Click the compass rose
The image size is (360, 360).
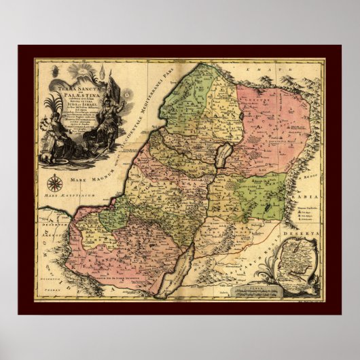point(54,181)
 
